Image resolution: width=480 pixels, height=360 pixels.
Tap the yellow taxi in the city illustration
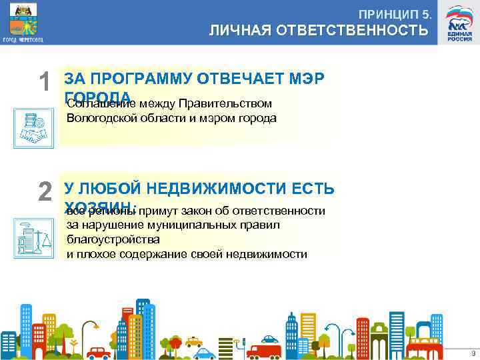[x=194, y=342]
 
